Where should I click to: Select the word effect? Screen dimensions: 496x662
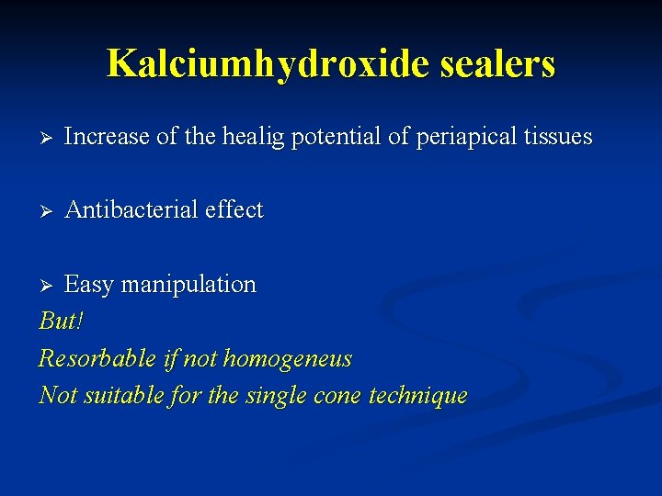234,210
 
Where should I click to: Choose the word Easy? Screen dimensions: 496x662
88,285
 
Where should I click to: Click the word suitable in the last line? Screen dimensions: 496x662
124,396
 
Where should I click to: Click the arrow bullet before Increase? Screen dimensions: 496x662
46,138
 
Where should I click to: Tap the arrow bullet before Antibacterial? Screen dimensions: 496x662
46,211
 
